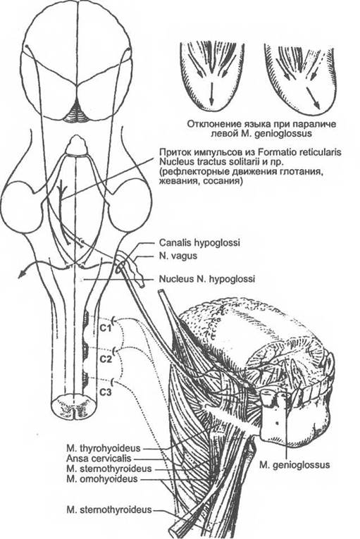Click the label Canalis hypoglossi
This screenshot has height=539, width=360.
(199, 242)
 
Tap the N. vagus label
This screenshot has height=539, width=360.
(178, 256)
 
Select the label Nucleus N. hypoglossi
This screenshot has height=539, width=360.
(206, 279)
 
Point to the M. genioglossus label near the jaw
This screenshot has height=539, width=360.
(294, 465)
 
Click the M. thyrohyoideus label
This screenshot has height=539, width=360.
(104, 448)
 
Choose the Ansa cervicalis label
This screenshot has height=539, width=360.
(99, 458)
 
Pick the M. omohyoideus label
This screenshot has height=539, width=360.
(102, 478)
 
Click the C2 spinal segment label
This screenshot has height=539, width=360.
(106, 359)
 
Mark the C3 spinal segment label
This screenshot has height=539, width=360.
(106, 392)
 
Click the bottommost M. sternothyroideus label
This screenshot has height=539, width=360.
(109, 509)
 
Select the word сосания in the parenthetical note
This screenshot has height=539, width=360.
(225, 181)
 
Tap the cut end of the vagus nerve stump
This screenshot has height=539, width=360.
(142, 284)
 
